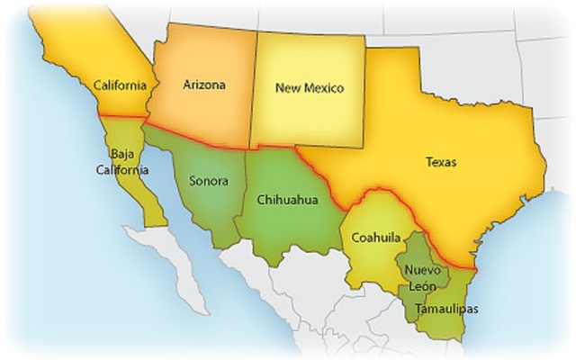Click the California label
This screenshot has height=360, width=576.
coord(121,85)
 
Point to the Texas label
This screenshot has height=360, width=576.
coord(441,163)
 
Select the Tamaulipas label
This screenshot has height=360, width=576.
coord(447,309)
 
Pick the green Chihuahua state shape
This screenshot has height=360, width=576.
coord(288,225)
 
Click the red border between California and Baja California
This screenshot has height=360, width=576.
coord(121,117)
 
